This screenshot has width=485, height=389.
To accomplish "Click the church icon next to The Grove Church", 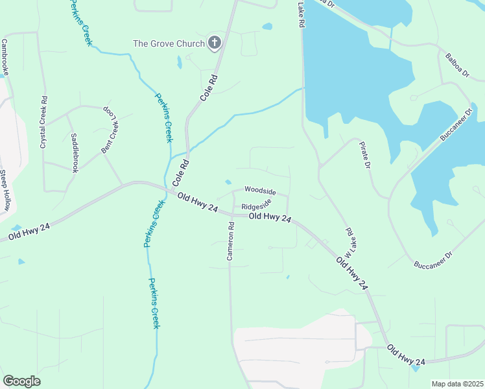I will (214, 43).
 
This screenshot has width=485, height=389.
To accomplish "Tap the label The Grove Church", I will (168, 44).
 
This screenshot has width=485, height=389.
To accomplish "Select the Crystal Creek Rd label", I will (44, 123).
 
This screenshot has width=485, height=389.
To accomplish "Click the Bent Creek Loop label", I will (110, 131).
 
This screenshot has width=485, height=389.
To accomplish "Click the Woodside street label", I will (260, 191).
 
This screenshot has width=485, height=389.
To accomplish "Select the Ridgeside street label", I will (255, 207).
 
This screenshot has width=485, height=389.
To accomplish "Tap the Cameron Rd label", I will (230, 241).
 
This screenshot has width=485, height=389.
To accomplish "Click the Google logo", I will (21, 381).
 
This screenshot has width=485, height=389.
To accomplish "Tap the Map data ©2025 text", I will (457, 384).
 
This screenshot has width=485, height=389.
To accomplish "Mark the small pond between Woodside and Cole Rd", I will (228, 182).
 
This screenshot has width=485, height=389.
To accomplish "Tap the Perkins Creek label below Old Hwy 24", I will (155, 303).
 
